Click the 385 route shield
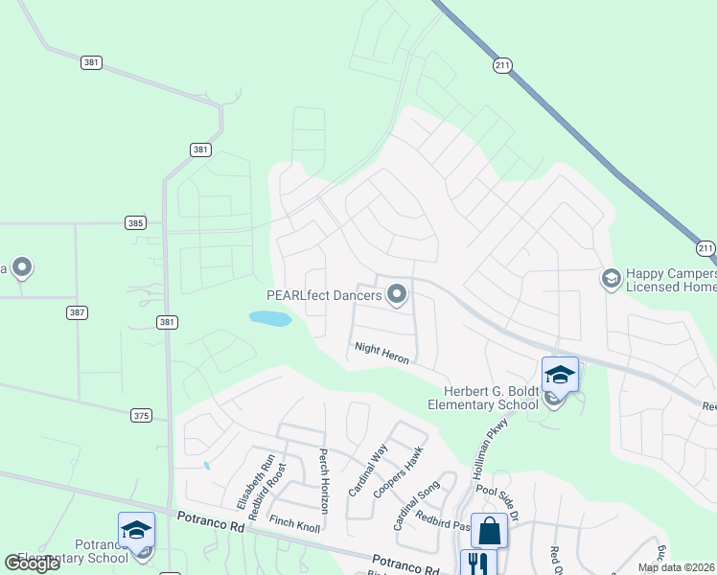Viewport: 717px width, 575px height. (136, 222)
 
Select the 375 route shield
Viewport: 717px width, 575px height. (142, 415)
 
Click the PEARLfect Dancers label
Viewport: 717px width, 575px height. (325, 296)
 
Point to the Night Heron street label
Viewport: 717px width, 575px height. (382, 354)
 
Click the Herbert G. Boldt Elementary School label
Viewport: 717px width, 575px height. (492, 398)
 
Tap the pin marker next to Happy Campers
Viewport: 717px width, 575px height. (610, 278)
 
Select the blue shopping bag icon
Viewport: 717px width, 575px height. (489, 530)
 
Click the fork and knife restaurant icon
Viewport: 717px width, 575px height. (477, 563)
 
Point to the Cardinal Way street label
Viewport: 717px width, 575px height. (368, 470)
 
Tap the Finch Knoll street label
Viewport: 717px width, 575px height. (293, 522)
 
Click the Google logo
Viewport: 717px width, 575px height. (32, 563)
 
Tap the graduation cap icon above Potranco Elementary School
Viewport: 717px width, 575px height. (136, 530)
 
